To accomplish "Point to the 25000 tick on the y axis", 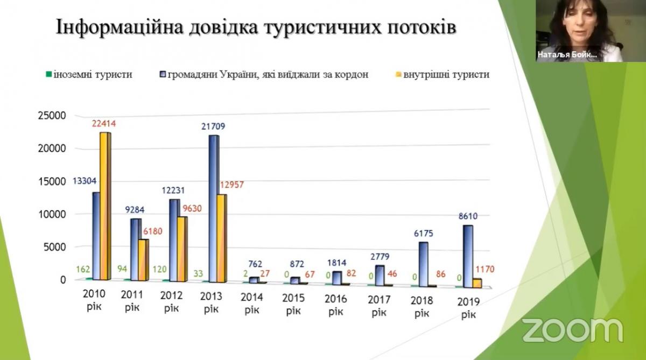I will pos(51,116).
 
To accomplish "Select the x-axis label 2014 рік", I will pos(251,302).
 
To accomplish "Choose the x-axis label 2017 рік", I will pos(380,305).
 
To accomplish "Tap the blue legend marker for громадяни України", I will pos(163,75).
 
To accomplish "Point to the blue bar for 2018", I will pos(424,263).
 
